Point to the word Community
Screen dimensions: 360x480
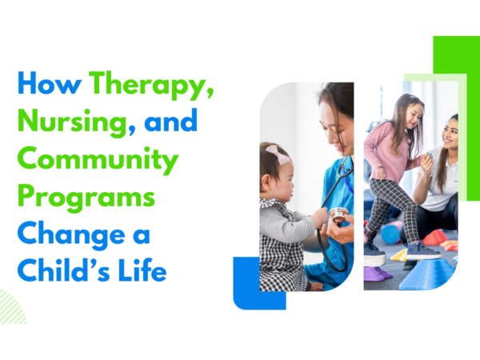(x=98, y=161)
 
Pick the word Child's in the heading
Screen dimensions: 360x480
(x=58, y=272)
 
